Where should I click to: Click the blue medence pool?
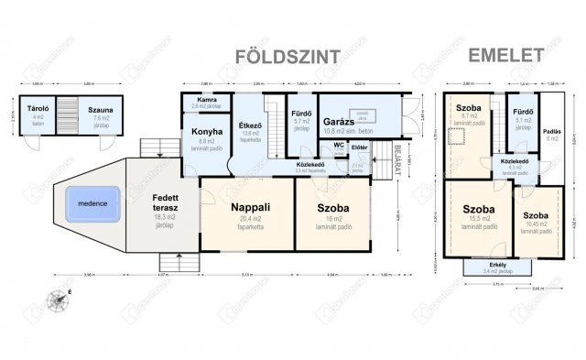pos(92,202)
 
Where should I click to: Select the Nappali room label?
pos(247,207)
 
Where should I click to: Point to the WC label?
pos(338,145)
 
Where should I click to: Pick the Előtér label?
pos(359,147)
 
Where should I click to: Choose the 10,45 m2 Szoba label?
pos(537,215)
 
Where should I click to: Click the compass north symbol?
pos(60,296)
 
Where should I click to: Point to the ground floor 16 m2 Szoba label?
pos(330,207)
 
